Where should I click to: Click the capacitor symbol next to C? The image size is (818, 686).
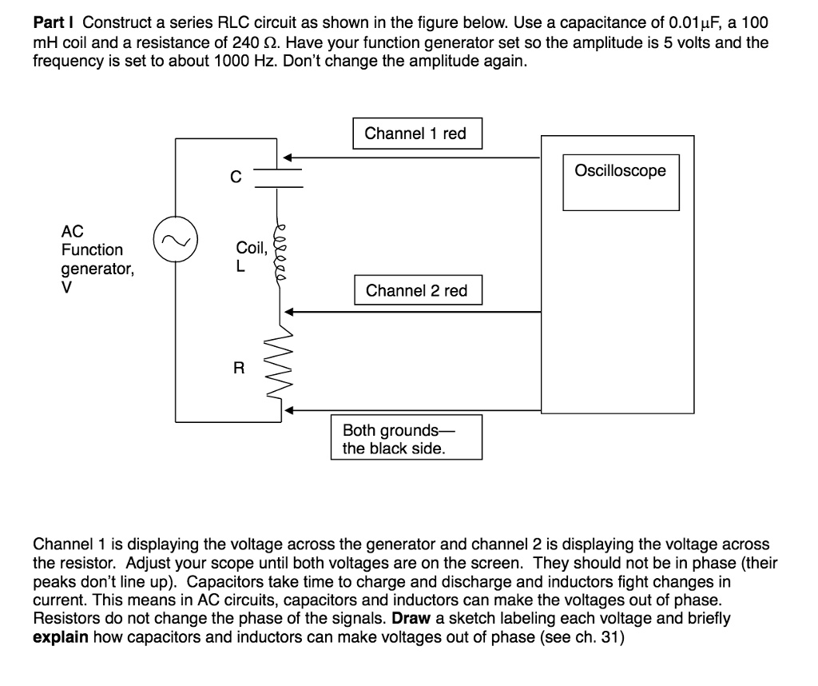tap(279, 178)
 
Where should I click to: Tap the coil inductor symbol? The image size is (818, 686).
tap(279, 249)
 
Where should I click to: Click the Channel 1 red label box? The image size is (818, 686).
tap(415, 134)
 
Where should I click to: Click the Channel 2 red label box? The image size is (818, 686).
tap(417, 291)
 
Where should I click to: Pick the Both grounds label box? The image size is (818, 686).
tap(407, 437)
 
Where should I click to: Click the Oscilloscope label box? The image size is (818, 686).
tap(620, 171)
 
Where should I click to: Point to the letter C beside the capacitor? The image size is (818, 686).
tap(236, 177)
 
